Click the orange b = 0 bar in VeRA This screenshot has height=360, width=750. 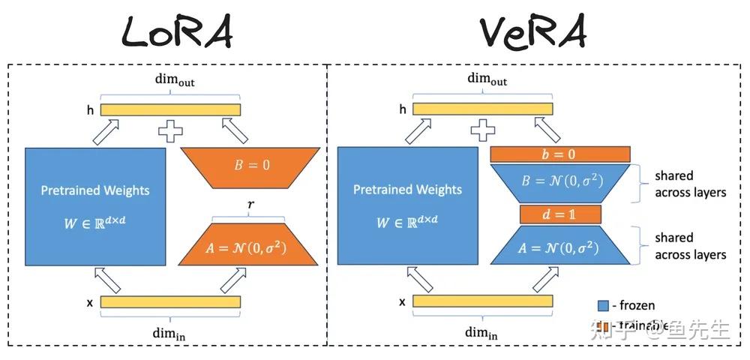click(559, 154)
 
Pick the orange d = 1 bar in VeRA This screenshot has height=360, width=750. click(559, 214)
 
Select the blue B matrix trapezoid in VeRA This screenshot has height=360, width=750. click(559, 183)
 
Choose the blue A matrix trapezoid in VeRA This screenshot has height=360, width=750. click(559, 245)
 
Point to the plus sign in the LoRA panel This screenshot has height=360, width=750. click(171, 132)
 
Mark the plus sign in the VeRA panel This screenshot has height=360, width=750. click(483, 132)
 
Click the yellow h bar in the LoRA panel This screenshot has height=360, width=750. click(171, 109)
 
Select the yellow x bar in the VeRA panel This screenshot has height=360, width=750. click(483, 301)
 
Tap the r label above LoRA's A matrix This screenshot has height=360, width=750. click(250, 203)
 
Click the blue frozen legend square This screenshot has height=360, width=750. click(602, 305)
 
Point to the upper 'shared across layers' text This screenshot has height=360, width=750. click(690, 184)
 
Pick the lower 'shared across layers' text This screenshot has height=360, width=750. click(690, 246)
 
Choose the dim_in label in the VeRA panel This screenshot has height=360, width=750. click(481, 333)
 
